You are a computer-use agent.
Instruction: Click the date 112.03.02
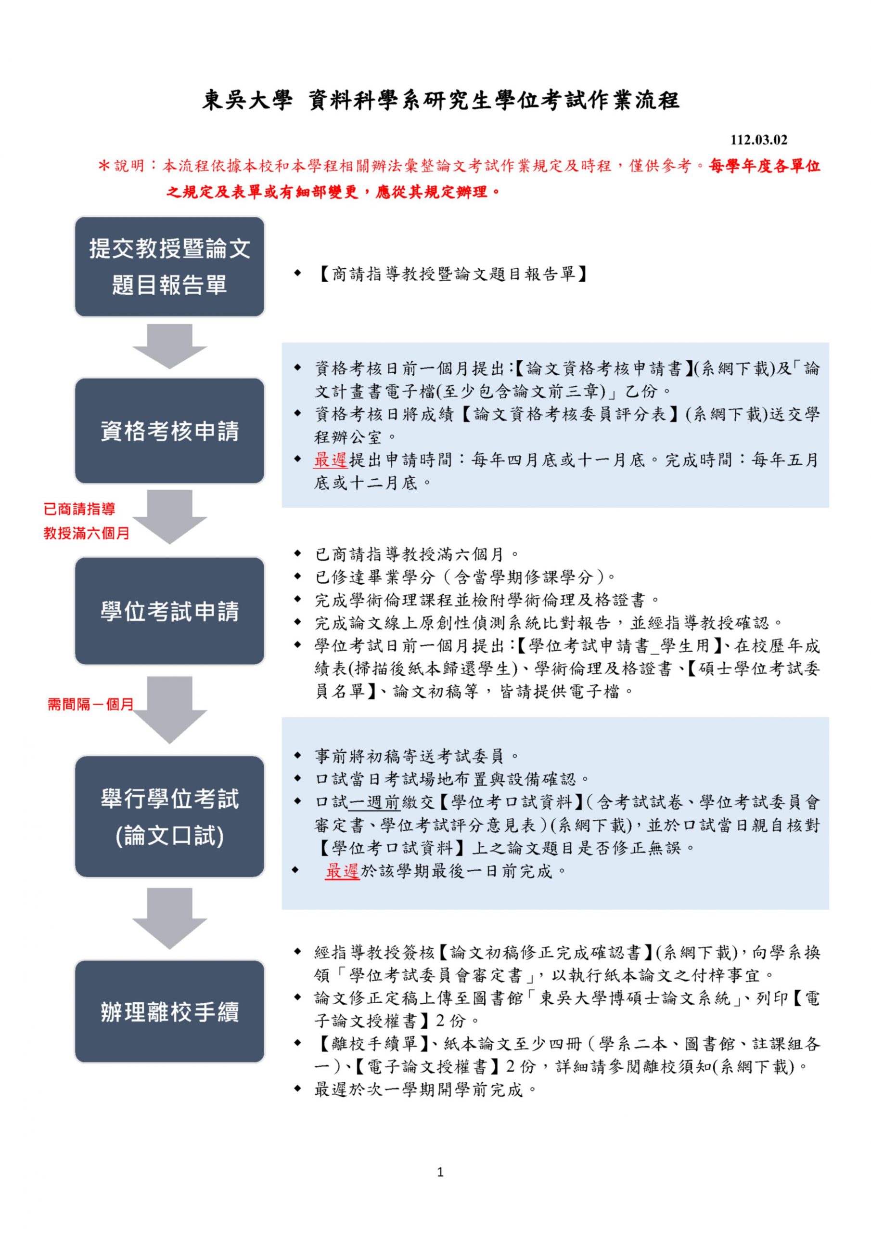click(x=759, y=141)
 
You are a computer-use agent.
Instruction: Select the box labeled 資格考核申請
click(x=169, y=431)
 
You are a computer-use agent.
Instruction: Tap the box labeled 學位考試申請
click(x=169, y=611)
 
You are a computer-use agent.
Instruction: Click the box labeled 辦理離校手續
click(x=169, y=1012)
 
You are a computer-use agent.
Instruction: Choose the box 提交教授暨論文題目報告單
click(x=169, y=266)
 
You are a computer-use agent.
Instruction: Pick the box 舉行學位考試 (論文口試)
click(x=169, y=816)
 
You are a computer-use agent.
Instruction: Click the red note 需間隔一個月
click(x=90, y=704)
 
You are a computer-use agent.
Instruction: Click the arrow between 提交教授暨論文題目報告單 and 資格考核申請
click(x=169, y=346)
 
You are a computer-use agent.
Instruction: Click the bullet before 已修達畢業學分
click(x=297, y=577)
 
